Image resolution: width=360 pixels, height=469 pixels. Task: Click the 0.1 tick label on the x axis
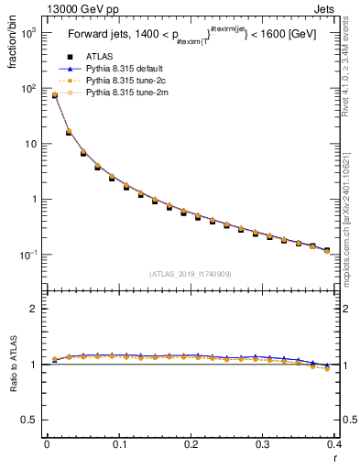click(118, 446)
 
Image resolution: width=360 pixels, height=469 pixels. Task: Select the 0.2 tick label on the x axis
click(191, 446)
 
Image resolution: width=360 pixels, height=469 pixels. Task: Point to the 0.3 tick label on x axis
click(263, 446)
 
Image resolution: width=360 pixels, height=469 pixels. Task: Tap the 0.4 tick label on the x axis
click(334, 446)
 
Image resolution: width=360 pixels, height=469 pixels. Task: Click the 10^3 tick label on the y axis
click(27, 33)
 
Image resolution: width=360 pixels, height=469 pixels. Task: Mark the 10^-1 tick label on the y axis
click(27, 255)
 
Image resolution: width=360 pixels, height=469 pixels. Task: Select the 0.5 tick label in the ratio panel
click(28, 420)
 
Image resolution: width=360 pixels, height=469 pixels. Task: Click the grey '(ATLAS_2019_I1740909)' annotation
click(190, 274)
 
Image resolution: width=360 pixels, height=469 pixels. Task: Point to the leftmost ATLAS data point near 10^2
click(54, 95)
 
